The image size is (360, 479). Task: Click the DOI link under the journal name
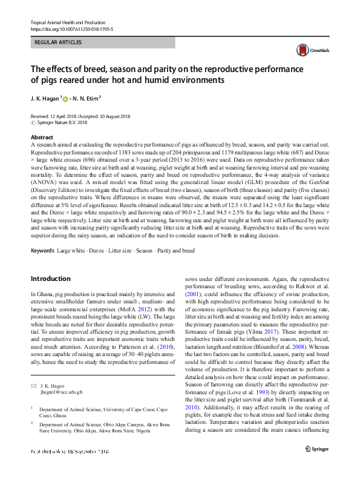pos(71,28)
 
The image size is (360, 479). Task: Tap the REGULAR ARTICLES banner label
pos(59,43)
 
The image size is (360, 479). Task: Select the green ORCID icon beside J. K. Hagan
pos(65,97)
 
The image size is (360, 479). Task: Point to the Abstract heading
pos(41,137)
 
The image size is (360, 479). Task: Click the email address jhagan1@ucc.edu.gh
pos(61,392)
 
